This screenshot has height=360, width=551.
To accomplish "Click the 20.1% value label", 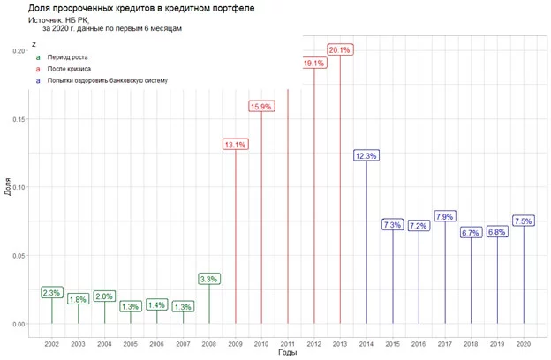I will click(340, 50).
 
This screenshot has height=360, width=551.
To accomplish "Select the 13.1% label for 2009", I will click(236, 145).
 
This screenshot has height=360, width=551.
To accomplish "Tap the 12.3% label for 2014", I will click(366, 155).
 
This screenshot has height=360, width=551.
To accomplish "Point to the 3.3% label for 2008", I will click(209, 279).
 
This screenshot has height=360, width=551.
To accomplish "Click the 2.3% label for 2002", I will click(52, 292).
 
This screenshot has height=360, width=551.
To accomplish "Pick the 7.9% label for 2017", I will click(445, 216).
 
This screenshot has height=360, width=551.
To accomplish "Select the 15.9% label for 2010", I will click(261, 107).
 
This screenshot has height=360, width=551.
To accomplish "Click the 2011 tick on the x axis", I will click(288, 342).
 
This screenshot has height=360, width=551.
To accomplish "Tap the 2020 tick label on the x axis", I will click(523, 342).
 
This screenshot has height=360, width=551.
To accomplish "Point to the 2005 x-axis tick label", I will click(131, 342).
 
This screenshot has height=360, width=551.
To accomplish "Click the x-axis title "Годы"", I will click(287, 352).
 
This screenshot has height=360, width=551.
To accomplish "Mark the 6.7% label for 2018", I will click(471, 233).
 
